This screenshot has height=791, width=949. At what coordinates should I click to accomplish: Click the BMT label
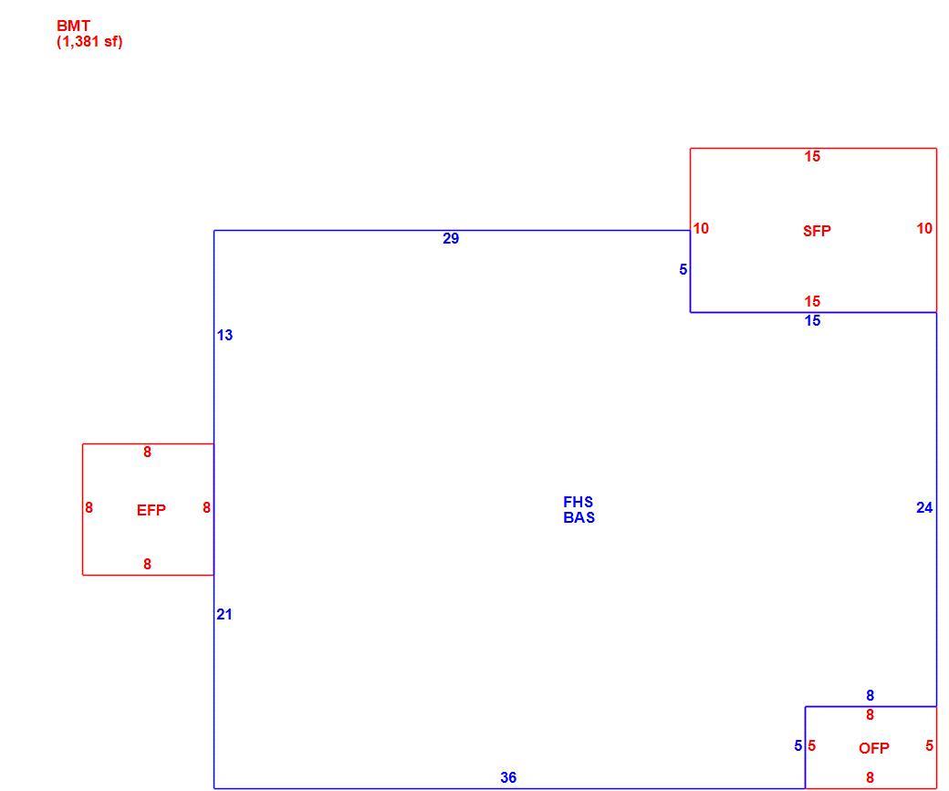73,26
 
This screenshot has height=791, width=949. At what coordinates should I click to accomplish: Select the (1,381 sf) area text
89,42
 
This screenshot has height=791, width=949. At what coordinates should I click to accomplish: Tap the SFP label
817,231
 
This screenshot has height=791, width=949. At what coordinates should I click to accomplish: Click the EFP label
151,510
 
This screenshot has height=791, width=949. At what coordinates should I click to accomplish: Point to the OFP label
874,748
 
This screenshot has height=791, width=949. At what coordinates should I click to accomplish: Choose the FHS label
578,502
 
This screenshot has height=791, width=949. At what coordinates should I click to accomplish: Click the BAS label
579,517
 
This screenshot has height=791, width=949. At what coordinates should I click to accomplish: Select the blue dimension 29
451,238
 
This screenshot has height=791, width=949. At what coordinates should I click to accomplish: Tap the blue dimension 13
224,335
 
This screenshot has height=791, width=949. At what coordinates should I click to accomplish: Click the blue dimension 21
224,614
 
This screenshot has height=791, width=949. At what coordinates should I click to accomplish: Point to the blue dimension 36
508,777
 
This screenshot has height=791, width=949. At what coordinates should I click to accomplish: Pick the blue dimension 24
924,508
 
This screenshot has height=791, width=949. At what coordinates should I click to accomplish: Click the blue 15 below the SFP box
812,321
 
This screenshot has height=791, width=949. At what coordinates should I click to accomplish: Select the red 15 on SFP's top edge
812,156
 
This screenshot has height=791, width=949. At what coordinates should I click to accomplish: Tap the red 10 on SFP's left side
701,228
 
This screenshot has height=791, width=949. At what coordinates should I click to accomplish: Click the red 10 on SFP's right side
924,228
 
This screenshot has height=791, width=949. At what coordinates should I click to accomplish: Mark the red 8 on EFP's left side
89,508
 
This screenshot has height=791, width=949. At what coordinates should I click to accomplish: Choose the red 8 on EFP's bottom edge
147,564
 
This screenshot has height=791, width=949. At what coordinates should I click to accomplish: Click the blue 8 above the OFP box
870,695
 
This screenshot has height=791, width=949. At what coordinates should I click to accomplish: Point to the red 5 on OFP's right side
929,745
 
